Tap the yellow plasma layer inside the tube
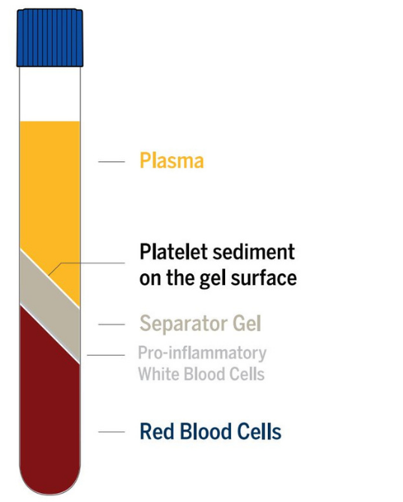50,188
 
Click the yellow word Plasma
171,161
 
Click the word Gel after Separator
246,325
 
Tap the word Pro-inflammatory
202,353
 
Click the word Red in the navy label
155,431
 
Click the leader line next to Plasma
111,161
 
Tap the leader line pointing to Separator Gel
111,325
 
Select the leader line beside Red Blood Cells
111,431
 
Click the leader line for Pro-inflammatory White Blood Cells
105,355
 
